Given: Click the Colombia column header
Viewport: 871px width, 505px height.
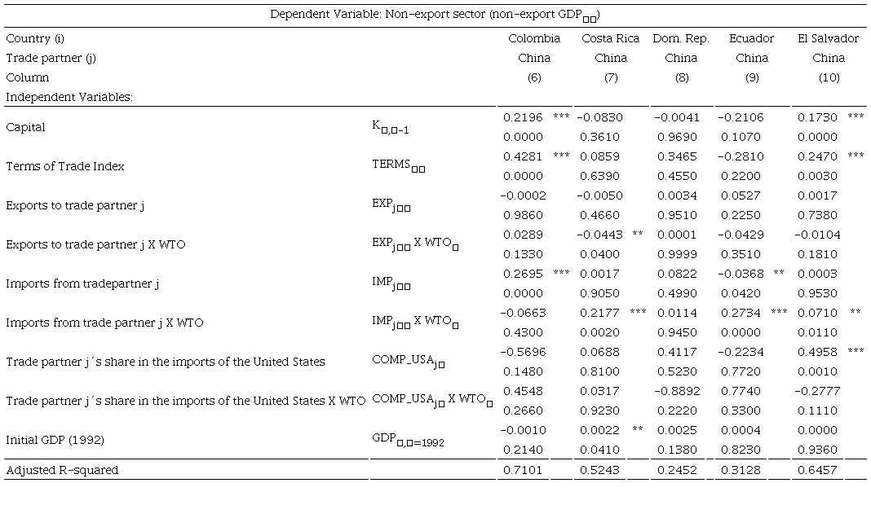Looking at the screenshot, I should click(x=534, y=38).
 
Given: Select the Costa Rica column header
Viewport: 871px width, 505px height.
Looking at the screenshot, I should click(x=610, y=38).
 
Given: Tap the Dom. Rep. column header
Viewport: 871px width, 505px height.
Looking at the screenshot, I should click(x=681, y=38).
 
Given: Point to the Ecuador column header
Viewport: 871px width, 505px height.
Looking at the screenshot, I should click(x=752, y=38).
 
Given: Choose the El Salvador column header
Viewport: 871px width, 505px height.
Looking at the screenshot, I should click(x=828, y=38).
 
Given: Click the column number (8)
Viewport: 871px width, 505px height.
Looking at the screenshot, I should click(x=681, y=77).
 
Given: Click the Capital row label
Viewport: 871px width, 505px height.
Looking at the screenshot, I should click(x=25, y=127).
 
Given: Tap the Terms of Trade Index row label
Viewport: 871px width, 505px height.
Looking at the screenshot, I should click(x=64, y=166).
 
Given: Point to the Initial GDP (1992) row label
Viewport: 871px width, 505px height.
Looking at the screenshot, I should click(x=56, y=440).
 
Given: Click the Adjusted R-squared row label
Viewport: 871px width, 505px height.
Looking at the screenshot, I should click(x=62, y=470).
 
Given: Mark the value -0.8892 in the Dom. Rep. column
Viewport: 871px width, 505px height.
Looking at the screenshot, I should click(x=676, y=391).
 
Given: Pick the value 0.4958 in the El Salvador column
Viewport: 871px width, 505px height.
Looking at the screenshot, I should click(x=817, y=352).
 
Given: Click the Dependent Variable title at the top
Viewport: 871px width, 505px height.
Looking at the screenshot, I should click(x=435, y=15).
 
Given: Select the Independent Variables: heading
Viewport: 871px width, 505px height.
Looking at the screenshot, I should click(x=69, y=97).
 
